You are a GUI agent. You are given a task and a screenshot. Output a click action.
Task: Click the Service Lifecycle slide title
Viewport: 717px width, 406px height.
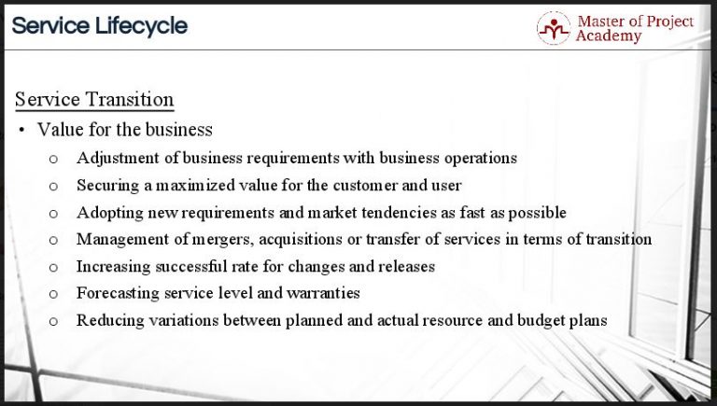(100, 25)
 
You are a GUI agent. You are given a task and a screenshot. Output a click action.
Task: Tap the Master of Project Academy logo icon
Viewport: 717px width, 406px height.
(553, 28)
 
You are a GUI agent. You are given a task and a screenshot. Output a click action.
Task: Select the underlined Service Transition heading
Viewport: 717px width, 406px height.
(94, 100)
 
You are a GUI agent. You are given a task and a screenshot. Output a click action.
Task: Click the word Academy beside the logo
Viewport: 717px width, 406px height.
(609, 36)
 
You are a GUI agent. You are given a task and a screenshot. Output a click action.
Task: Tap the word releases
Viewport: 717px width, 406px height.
(404, 267)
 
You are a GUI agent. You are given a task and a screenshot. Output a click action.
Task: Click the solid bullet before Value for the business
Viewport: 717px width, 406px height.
(21, 130)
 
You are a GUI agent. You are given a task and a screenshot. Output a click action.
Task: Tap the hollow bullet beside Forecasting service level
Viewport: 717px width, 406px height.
(53, 294)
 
